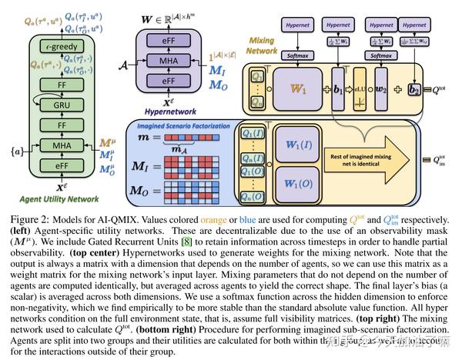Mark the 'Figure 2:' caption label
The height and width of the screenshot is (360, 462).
(x=27, y=212)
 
